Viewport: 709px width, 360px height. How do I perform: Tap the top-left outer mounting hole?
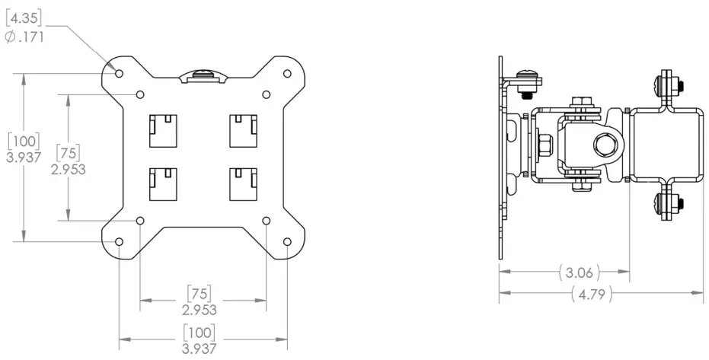(x=120, y=72)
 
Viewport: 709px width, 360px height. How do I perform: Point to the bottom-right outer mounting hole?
(x=287, y=241)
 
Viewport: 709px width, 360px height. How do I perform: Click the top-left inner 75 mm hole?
(x=141, y=94)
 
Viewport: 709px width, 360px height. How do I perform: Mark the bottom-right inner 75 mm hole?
(x=267, y=220)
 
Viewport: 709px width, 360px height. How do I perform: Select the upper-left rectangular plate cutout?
(x=162, y=130)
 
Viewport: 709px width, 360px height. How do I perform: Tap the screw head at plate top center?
(x=203, y=75)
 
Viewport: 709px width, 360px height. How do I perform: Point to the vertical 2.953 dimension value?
(x=69, y=169)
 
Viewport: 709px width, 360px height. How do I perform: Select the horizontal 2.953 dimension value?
(x=200, y=310)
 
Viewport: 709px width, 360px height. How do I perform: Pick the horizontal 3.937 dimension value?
(x=200, y=349)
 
